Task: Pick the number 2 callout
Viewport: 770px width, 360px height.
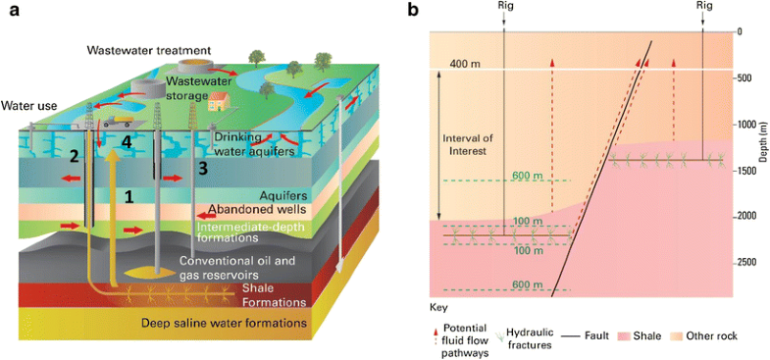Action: coord(72,156)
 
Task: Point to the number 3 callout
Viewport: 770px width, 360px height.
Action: coord(201,169)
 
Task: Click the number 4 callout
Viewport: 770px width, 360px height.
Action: coord(125,143)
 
